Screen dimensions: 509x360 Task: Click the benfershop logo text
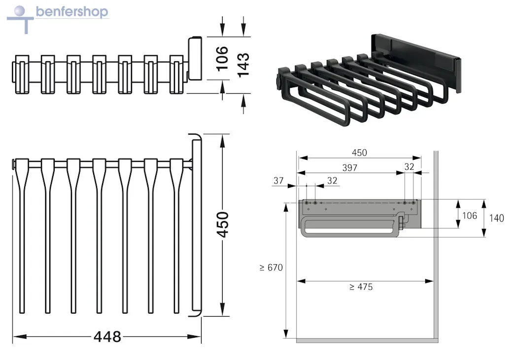pyautogui.click(x=72, y=12)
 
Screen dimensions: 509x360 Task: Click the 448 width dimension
pyautogui.click(x=107, y=337)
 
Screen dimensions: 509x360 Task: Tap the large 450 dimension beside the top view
pyautogui.click(x=223, y=224)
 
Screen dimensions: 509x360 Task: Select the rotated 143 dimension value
pyautogui.click(x=243, y=65)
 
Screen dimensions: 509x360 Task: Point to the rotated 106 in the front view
pyautogui.click(x=222, y=59)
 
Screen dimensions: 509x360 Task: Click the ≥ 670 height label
pyautogui.click(x=271, y=267)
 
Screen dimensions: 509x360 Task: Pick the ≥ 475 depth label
pyautogui.click(x=361, y=287)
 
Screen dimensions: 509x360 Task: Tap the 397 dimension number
pyautogui.click(x=350, y=168)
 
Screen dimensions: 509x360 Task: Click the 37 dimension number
pyautogui.click(x=278, y=180)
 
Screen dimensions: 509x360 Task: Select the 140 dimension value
pyautogui.click(x=497, y=218)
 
